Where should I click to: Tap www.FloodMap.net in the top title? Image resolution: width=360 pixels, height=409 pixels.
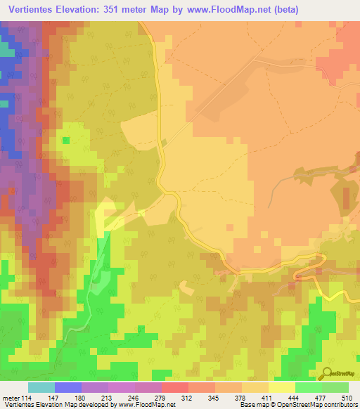pyautogui.click(x=215, y=9)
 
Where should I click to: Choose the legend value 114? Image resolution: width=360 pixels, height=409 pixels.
pyautogui.click(x=27, y=397)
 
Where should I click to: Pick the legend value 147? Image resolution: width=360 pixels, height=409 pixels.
pyautogui.click(x=55, y=397)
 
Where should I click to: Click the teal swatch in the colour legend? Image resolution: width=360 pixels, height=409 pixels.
pyautogui.click(x=41, y=387)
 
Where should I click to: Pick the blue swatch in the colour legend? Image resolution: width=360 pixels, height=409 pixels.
pyautogui.click(x=67, y=387)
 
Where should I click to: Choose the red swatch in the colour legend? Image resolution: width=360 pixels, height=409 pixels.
pyautogui.click(x=174, y=387)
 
